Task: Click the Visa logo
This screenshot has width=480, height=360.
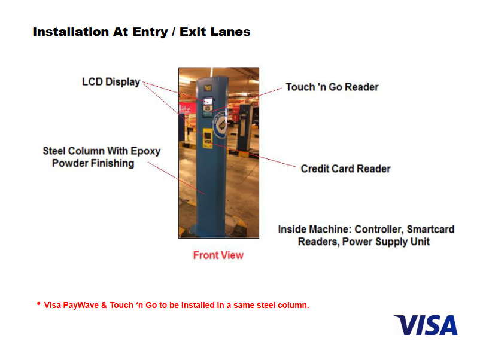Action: click(x=426, y=325)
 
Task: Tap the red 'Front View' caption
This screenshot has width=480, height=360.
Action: click(x=218, y=255)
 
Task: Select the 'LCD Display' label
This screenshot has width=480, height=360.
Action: click(x=111, y=82)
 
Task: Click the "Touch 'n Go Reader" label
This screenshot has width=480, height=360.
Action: click(x=332, y=87)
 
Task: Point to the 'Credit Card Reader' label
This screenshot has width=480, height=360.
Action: click(x=345, y=169)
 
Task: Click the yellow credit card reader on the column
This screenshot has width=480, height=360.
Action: click(x=208, y=138)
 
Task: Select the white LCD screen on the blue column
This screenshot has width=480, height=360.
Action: click(x=208, y=101)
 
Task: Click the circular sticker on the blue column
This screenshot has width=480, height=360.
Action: click(x=220, y=125)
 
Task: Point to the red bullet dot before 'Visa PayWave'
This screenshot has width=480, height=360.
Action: click(x=38, y=304)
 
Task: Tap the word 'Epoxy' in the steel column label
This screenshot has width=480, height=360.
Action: click(x=145, y=151)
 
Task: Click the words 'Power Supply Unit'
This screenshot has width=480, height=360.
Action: click(x=385, y=242)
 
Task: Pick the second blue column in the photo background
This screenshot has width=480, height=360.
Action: click(x=245, y=128)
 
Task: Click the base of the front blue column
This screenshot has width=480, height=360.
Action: click(x=209, y=231)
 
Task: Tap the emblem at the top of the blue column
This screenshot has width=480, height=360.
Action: click(x=208, y=88)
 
